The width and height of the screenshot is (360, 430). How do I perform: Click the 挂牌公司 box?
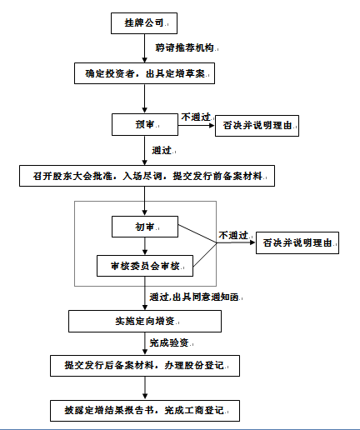pyautogui.click(x=144, y=23)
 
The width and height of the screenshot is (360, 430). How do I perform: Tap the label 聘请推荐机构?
pyautogui.click(x=184, y=47)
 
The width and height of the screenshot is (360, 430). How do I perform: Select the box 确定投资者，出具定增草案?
pyautogui.click(x=144, y=73)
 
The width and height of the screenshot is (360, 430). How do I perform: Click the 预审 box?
pyautogui.click(x=145, y=124)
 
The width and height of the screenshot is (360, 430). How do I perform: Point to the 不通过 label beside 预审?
pyautogui.click(x=196, y=117)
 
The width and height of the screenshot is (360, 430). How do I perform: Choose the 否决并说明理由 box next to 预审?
pyautogui.click(x=257, y=126)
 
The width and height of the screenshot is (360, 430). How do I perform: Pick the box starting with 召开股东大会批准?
pyautogui.click(x=147, y=176)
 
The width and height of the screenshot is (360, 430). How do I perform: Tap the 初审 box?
pyautogui.click(x=145, y=227)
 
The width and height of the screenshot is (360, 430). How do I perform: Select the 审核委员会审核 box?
pyautogui.click(x=145, y=266)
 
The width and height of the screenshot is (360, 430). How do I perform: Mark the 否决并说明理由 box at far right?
pyautogui.click(x=297, y=242)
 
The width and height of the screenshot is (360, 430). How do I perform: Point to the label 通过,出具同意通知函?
pyautogui.click(x=194, y=297)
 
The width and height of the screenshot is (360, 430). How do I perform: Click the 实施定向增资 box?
pyautogui.click(x=145, y=321)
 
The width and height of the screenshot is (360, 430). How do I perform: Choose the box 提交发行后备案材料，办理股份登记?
pyautogui.click(x=145, y=366)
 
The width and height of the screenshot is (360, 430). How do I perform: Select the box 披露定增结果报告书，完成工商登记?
pyautogui.click(x=145, y=411)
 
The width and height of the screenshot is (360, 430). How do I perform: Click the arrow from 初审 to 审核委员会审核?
pyautogui.click(x=145, y=246)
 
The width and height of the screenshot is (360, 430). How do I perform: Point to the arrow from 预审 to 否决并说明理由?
pyautogui.click(x=197, y=125)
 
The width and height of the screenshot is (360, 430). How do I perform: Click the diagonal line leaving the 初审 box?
pyautogui.click(x=197, y=234)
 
